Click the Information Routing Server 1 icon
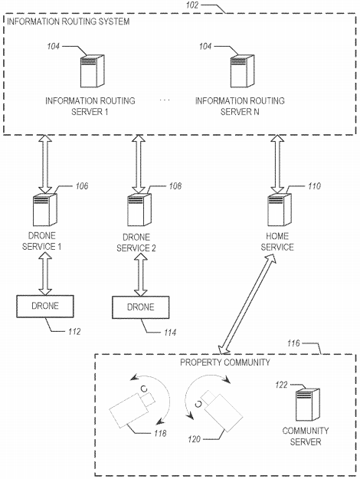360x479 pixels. point(92,71)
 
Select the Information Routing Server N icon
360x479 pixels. point(242,71)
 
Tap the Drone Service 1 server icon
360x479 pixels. point(45,209)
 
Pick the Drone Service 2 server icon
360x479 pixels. point(139,209)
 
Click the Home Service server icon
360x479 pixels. point(280,209)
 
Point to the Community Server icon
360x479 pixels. point(308,405)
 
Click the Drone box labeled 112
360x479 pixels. point(45,306)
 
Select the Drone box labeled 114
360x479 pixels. point(140,307)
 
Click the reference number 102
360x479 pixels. point(192,5)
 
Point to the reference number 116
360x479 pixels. point(293,343)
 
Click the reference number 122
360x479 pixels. point(281,385)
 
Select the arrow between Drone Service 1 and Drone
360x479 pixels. point(45,274)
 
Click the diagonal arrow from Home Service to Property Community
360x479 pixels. point(247,303)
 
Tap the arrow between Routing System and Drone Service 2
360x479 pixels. point(139,164)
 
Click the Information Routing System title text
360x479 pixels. point(68,21)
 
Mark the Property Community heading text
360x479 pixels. point(225,363)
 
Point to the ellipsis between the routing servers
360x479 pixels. point(165,100)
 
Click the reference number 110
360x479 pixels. point(314,186)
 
